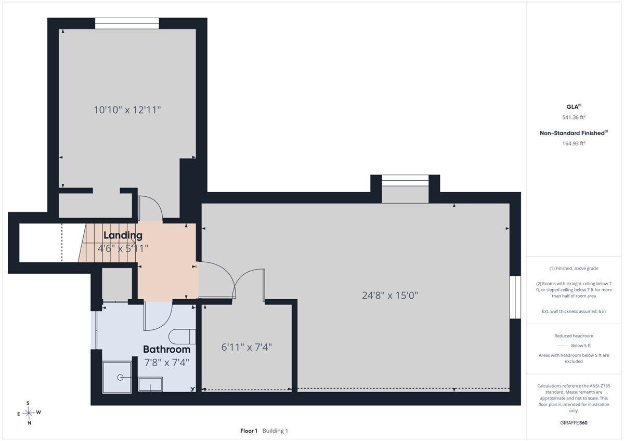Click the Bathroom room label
[x=166, y=350]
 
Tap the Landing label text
[x=123, y=235]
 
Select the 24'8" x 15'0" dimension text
[x=390, y=295]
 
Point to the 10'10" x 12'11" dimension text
[x=127, y=110]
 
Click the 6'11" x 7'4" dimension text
[x=246, y=347]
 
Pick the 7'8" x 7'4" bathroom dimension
[x=166, y=363]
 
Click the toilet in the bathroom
[x=182, y=337]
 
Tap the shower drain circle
[x=120, y=378]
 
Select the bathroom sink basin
[x=150, y=384]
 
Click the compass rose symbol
[x=29, y=413]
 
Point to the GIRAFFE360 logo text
[x=574, y=423]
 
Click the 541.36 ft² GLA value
[x=574, y=117]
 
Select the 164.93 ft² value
[x=574, y=143]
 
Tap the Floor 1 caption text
[x=249, y=431]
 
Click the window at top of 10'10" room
[x=127, y=23]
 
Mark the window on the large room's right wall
[x=515, y=297]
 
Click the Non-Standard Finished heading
[x=574, y=133]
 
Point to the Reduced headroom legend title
[x=574, y=336]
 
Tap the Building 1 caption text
[x=275, y=431]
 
